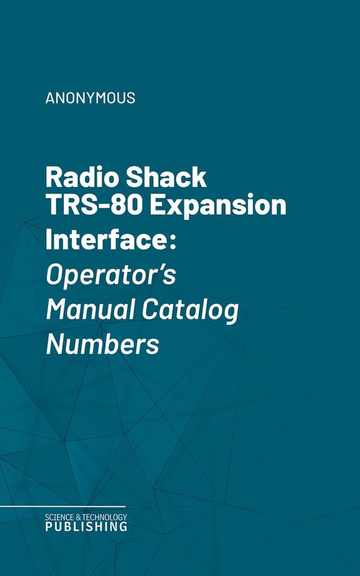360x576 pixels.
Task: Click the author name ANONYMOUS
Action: pyautogui.click(x=90, y=97)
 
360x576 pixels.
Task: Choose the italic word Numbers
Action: pyautogui.click(x=102, y=344)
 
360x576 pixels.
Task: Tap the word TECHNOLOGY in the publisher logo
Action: pyautogui.click(x=106, y=516)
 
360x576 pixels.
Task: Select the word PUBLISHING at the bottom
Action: pyautogui.click(x=86, y=527)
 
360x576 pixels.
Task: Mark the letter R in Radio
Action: pyautogui.click(x=54, y=178)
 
